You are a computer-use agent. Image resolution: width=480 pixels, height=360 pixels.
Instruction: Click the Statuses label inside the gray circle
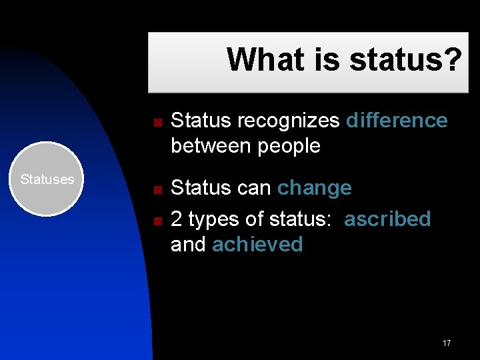click(x=47, y=179)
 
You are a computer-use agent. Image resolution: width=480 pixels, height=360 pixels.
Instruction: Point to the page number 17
click(x=446, y=343)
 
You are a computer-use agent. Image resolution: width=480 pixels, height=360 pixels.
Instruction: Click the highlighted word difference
click(x=397, y=121)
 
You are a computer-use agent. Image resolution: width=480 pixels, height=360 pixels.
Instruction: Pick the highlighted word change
click(x=314, y=188)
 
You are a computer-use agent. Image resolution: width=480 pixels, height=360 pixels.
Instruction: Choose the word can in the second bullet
click(x=255, y=188)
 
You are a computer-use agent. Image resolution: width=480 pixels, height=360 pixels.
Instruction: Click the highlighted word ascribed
click(x=387, y=219)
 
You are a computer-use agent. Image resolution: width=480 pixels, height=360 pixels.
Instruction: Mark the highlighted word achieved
click(x=257, y=245)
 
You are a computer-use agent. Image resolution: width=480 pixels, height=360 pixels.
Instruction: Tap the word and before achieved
click(x=188, y=245)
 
